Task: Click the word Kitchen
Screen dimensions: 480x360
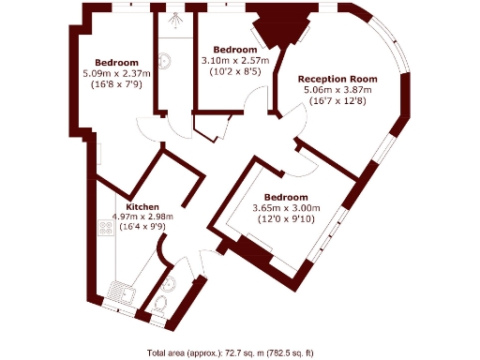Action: point(142,206)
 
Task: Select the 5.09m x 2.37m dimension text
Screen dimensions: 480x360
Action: point(116,73)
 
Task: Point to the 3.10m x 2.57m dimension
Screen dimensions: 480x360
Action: point(235,60)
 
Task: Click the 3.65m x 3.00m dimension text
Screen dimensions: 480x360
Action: point(287,208)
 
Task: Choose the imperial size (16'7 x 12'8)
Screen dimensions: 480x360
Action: point(337,101)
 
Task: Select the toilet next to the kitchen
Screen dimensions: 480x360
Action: point(160,305)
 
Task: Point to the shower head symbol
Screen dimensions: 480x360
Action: point(172,18)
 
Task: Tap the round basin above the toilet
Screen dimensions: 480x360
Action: point(169,284)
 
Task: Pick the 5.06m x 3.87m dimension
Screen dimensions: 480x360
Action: point(337,90)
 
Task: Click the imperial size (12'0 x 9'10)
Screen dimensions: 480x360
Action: point(287,219)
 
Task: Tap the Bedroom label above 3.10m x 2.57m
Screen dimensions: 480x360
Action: point(235,49)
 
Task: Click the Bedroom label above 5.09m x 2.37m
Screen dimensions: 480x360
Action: point(116,62)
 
